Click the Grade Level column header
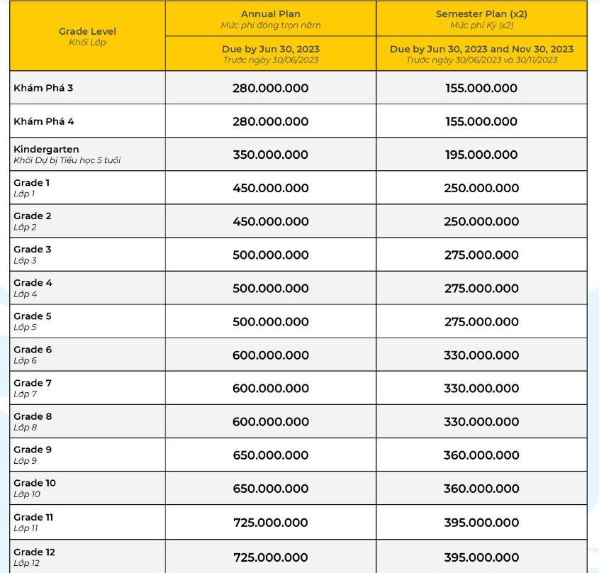coord(87,31)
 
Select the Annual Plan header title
coord(270,14)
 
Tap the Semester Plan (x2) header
coord(481,14)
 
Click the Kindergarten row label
coord(46,150)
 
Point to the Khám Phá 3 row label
coord(43,88)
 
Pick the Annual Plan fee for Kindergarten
coord(270,155)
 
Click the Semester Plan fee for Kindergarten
coord(481,155)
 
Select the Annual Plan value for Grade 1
coord(270,188)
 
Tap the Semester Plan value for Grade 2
coord(481,221)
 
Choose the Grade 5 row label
coord(33,316)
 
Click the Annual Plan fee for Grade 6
coord(270,355)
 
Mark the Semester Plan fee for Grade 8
coord(481,421)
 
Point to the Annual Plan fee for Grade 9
coord(270,455)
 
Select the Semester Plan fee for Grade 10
coord(481,488)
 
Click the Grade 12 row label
coord(34,552)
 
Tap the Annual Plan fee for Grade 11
coord(270,523)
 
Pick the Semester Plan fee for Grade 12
coord(481,557)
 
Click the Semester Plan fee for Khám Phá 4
coord(481,121)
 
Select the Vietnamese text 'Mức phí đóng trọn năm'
coord(270,26)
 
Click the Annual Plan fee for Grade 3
coord(270,255)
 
